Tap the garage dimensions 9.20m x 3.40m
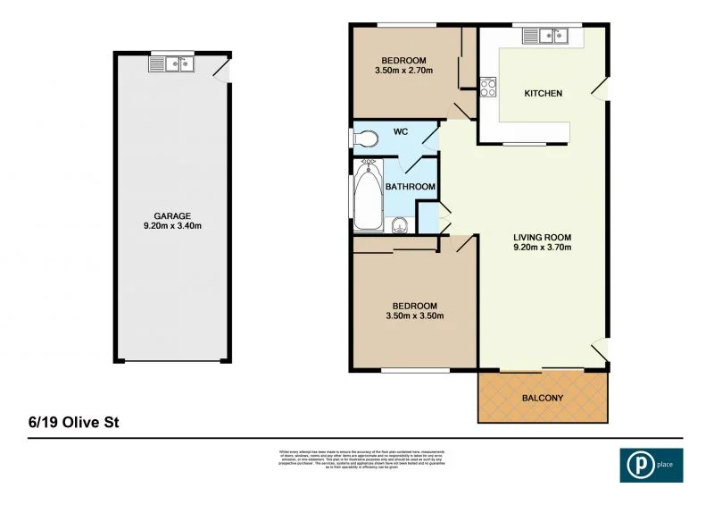pyautogui.click(x=172, y=225)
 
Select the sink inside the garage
pyautogui.click(x=170, y=63)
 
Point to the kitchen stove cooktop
pyautogui.click(x=488, y=88)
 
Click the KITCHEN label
pyautogui.click(x=543, y=94)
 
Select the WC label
pyautogui.click(x=401, y=132)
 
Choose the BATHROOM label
pyautogui.click(x=410, y=187)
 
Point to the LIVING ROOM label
pyautogui.click(x=542, y=237)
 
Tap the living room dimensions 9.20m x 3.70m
pyautogui.click(x=542, y=248)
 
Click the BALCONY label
pyautogui.click(x=542, y=398)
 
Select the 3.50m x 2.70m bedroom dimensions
pyautogui.click(x=404, y=70)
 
